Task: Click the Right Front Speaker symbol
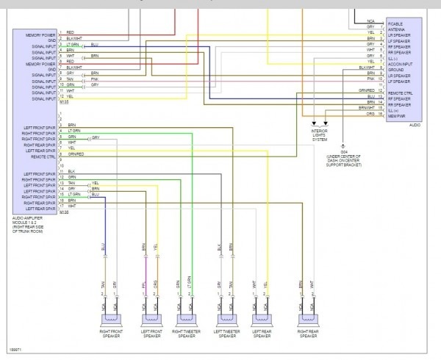pos(110,317)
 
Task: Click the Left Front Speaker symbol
pos(152,317)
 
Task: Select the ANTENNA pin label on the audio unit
pos(398,30)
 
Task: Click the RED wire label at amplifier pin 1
pos(71,33)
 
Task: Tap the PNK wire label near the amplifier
pos(94,79)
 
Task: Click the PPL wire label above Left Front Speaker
pos(144,284)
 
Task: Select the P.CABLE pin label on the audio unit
pos(397,24)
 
